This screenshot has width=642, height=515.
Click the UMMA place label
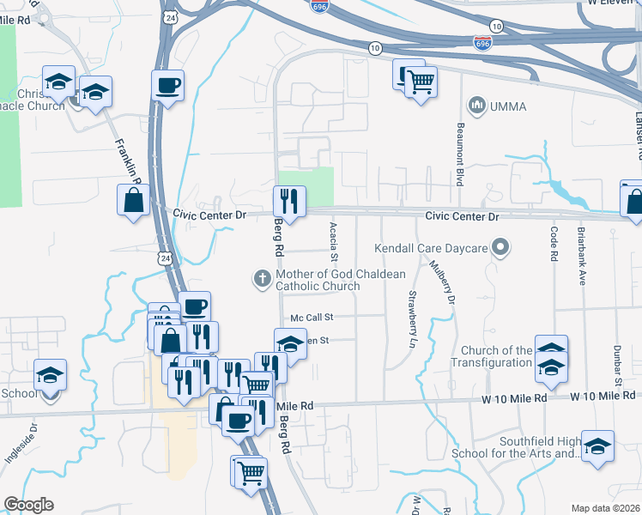(x=508, y=106)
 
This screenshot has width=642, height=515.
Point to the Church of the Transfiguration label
(x=497, y=356)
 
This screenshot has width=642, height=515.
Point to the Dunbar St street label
(x=616, y=365)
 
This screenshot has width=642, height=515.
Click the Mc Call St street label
(x=311, y=317)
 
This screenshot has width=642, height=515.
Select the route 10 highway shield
(x=375, y=48)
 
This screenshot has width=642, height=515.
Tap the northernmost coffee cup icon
(x=167, y=84)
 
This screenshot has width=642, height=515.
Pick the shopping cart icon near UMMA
(x=421, y=82)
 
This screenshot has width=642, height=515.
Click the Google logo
(x=28, y=505)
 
